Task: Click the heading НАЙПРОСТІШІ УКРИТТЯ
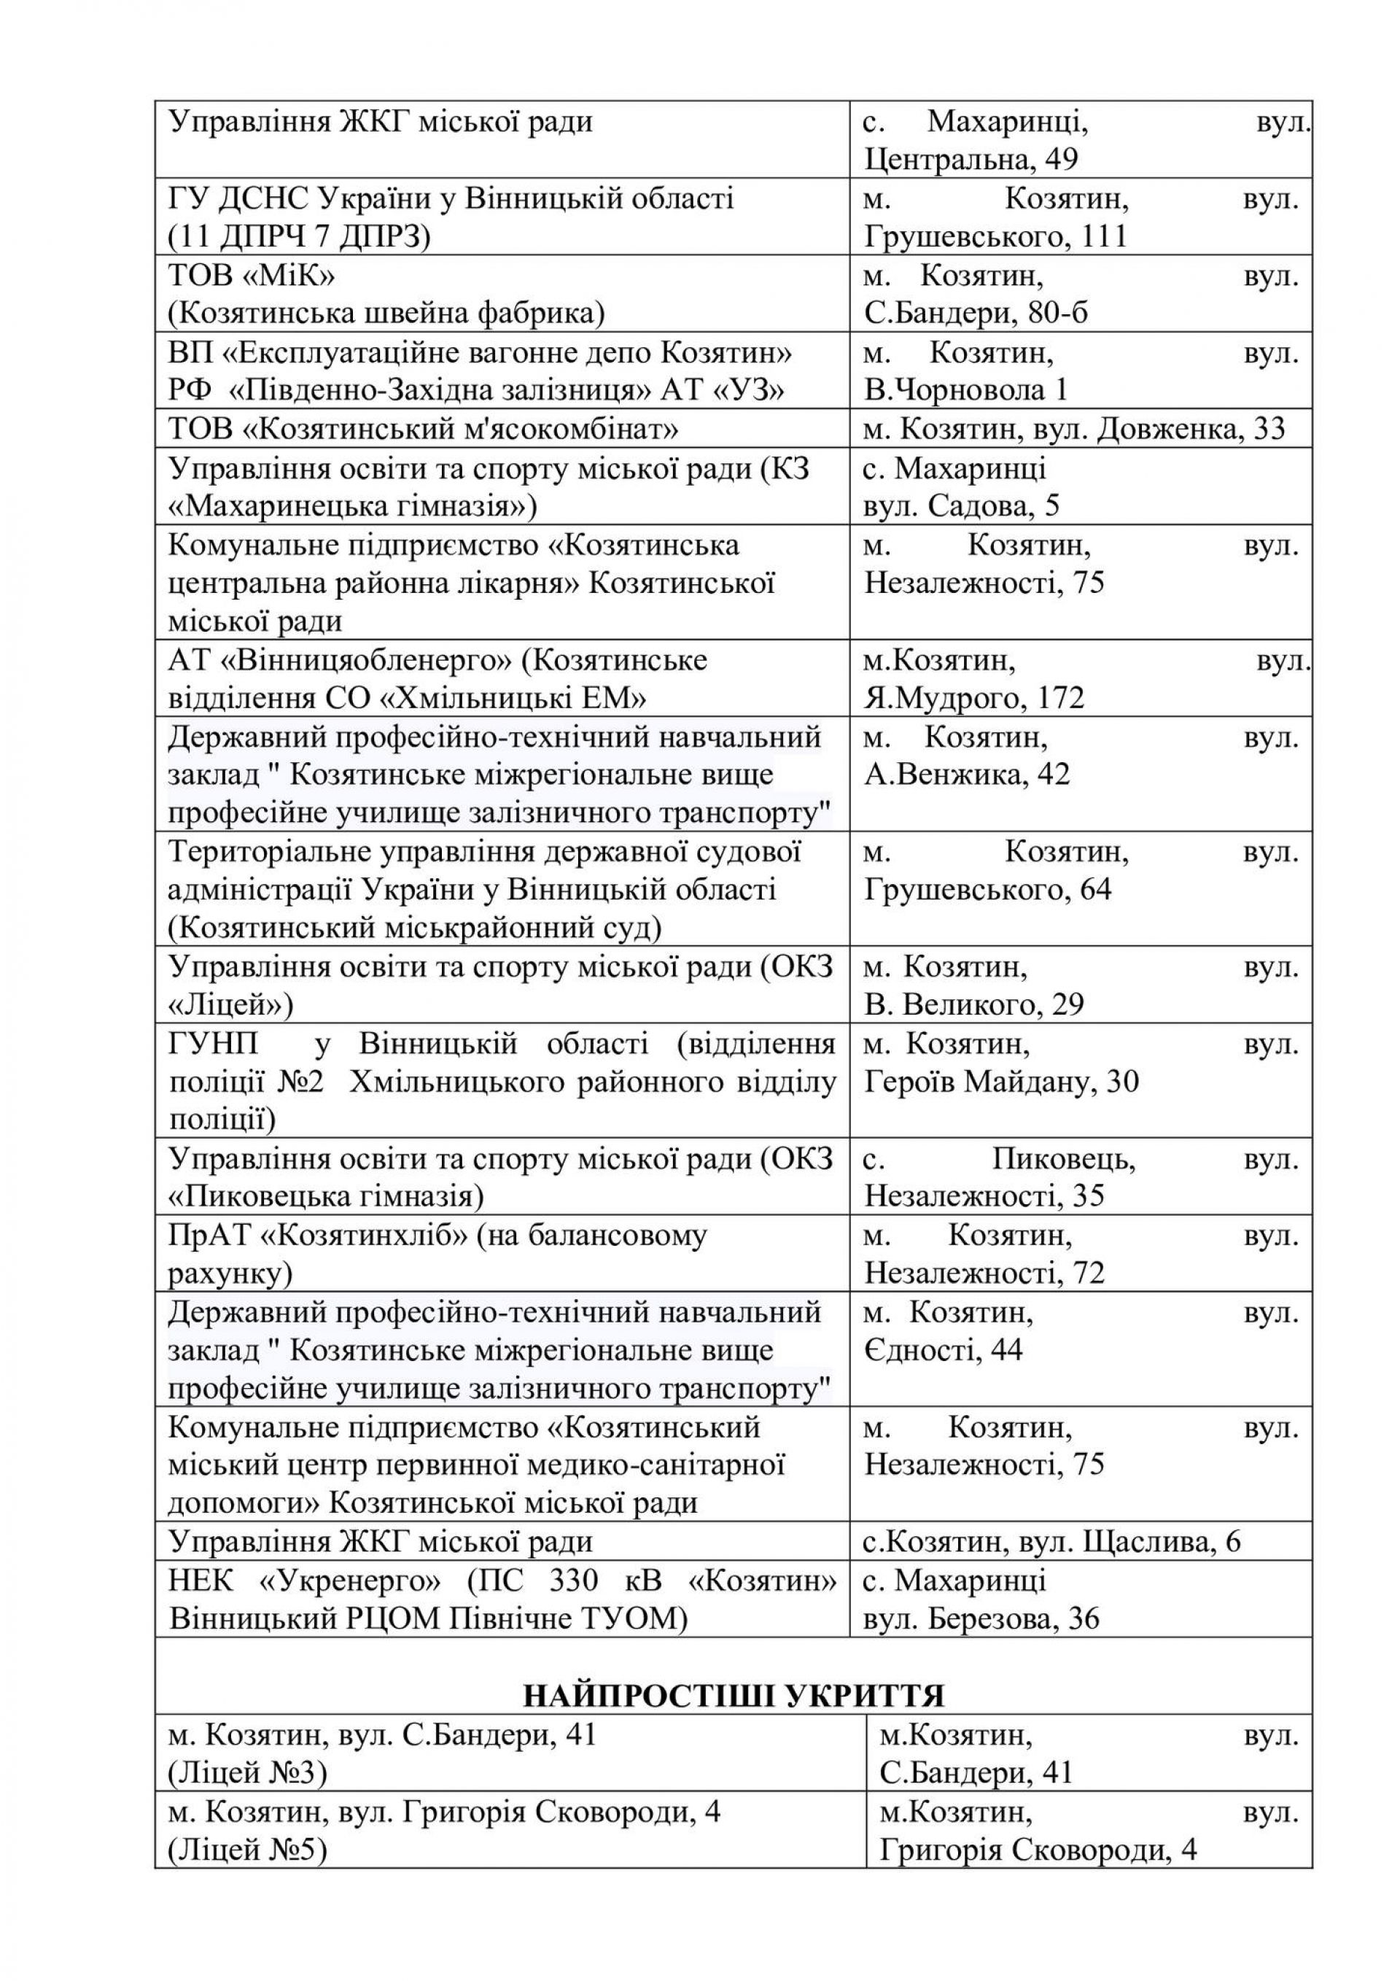734,1695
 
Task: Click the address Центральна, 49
971,160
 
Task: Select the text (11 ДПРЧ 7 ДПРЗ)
298,236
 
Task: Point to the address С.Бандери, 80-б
976,313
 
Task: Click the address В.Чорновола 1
965,390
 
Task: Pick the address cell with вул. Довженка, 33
1074,429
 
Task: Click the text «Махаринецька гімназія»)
353,505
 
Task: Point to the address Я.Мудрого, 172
974,697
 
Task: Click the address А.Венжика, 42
967,774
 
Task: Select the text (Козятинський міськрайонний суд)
415,928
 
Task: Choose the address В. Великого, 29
974,1004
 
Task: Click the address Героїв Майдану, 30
1000,1081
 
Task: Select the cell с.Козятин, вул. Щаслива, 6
1051,1542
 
